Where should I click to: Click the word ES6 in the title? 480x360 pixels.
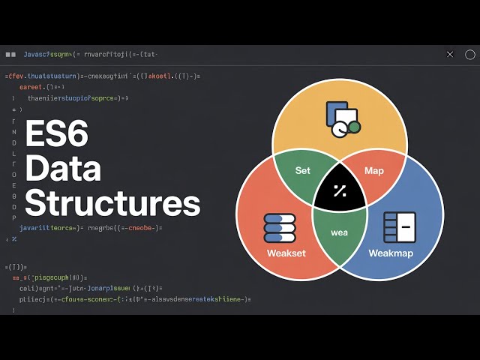click(57, 136)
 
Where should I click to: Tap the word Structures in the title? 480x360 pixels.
click(112, 203)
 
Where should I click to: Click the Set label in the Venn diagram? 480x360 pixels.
click(302, 170)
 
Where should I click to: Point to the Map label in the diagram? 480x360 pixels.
click(373, 171)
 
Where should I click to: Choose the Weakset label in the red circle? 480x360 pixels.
click(286, 253)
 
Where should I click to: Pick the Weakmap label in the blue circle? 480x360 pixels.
click(391, 253)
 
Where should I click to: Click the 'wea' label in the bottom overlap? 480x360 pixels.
click(340, 232)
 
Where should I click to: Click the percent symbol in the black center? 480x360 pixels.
click(339, 190)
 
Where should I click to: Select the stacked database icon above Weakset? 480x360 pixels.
click(280, 227)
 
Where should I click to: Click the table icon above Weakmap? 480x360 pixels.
click(399, 227)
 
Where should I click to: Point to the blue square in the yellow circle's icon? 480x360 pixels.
click(334, 112)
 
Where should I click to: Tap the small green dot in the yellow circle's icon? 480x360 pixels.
click(354, 127)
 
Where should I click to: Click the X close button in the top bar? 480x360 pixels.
click(450, 54)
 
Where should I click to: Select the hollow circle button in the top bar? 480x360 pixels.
click(470, 54)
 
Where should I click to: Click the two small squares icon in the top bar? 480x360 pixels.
click(10, 54)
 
